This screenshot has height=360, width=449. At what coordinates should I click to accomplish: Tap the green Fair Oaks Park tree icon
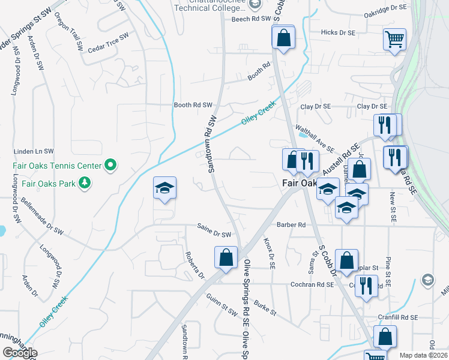(x=85, y=182)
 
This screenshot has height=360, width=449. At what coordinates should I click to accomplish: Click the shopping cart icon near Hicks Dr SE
(x=394, y=40)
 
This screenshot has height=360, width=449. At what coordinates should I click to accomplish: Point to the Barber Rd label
(x=291, y=225)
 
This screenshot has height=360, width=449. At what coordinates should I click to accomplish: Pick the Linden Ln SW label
(x=34, y=151)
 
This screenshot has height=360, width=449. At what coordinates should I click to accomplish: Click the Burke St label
(x=264, y=308)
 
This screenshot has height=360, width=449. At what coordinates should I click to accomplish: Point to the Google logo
(x=20, y=353)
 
